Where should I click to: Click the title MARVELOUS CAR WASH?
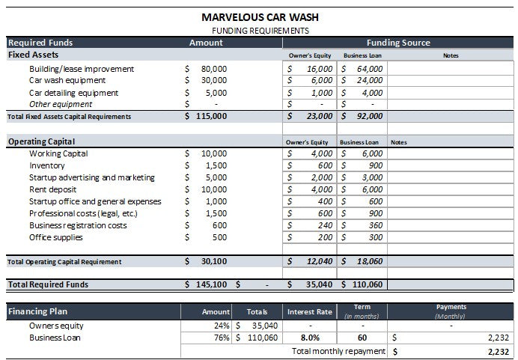point(260,16)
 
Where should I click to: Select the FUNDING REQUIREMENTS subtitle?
point(260,31)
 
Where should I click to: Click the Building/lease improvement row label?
point(82,69)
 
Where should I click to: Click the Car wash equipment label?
point(67,80)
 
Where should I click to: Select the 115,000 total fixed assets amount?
point(210,116)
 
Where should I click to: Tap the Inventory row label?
point(47,165)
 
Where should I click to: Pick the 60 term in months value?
point(362,338)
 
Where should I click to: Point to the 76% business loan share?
point(222,338)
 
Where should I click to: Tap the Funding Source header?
point(398,43)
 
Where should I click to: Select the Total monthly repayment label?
point(339,350)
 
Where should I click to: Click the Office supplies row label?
point(56,237)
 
